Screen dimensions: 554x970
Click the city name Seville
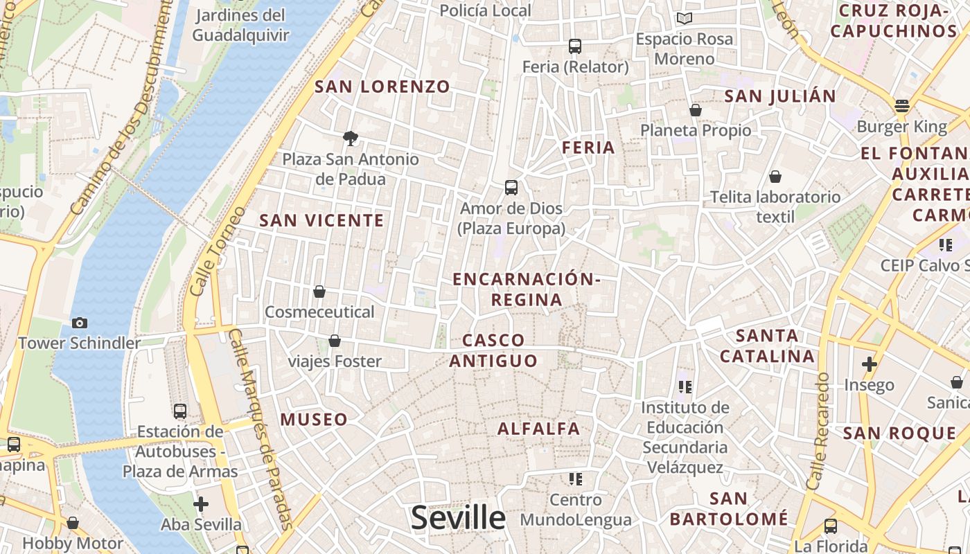click(x=458, y=518)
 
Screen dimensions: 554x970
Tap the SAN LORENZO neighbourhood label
click(x=382, y=87)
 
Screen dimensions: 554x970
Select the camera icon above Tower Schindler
click(x=80, y=323)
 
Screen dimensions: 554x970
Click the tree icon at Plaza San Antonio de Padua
click(x=351, y=138)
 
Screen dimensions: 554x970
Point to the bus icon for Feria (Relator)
click(x=575, y=46)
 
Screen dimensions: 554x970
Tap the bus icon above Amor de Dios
click(x=511, y=187)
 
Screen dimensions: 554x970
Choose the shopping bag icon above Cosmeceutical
click(x=319, y=292)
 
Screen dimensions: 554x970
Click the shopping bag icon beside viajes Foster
click(x=335, y=341)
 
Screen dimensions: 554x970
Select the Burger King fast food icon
click(x=901, y=106)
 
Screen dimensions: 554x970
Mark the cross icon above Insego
click(x=870, y=364)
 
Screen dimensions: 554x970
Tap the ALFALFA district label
click(x=539, y=429)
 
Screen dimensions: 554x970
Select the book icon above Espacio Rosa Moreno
click(x=685, y=19)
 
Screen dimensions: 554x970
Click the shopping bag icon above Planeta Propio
click(x=696, y=110)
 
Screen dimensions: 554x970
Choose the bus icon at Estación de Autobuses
click(x=180, y=411)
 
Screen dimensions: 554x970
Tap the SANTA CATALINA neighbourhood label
click(x=767, y=346)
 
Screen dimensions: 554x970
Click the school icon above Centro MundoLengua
click(x=575, y=479)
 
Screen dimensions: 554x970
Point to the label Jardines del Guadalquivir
click(x=240, y=25)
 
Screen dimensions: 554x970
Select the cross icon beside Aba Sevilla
click(x=201, y=503)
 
